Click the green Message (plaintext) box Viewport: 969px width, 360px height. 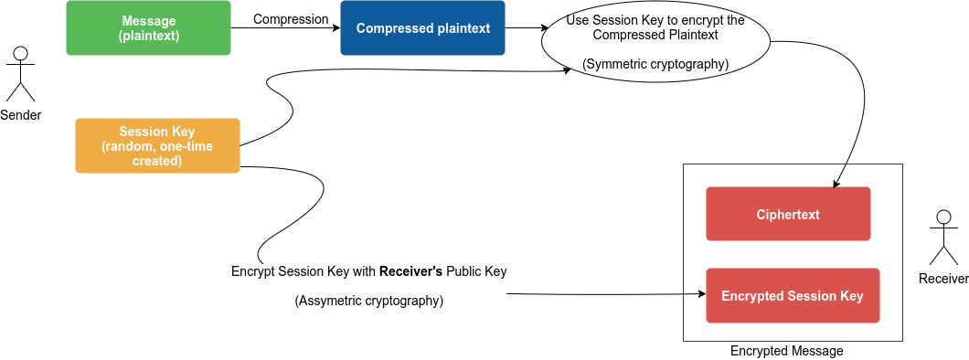tap(148, 28)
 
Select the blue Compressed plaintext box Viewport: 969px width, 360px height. tap(422, 28)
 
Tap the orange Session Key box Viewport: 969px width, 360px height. tap(157, 145)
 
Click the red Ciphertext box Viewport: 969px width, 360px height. tap(788, 215)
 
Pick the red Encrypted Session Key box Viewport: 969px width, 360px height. tap(792, 295)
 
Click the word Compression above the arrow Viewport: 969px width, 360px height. tap(291, 19)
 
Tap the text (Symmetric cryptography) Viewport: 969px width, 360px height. tap(655, 64)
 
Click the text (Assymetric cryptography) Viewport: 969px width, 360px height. tap(368, 301)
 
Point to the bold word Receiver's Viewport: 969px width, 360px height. tap(410, 271)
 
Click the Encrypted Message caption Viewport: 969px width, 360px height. tap(786, 351)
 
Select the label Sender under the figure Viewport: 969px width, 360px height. tap(20, 115)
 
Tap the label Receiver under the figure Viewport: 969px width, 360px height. tap(943, 279)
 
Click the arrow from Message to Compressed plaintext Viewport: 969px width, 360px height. tap(283, 28)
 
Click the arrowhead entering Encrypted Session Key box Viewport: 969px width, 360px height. tap(701, 295)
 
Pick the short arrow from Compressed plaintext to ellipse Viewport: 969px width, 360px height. tap(523, 28)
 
